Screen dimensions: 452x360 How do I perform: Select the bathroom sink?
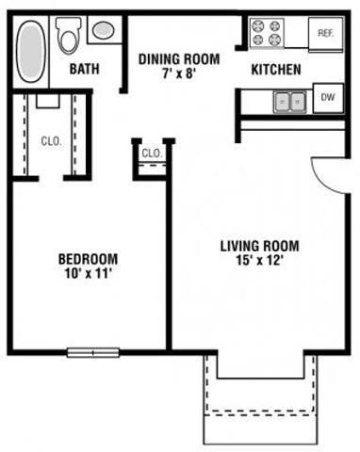pyautogui.click(x=103, y=30)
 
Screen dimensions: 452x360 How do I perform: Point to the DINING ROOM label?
pyautogui.click(x=179, y=59)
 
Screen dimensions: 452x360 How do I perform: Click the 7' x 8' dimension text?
pyautogui.click(x=179, y=74)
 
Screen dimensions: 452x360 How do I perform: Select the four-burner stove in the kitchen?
pyautogui.click(x=267, y=34)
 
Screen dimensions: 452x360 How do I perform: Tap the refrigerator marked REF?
pyautogui.click(x=326, y=33)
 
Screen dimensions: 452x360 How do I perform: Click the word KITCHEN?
pyautogui.click(x=275, y=70)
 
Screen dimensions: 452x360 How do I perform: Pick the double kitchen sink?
pyautogui.click(x=290, y=99)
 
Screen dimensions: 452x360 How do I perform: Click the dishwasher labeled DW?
pyautogui.click(x=327, y=97)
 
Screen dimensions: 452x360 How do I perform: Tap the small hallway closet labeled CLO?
pyautogui.click(x=151, y=153)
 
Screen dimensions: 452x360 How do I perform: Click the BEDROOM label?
pyautogui.click(x=88, y=259)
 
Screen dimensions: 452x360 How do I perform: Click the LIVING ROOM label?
pyautogui.click(x=259, y=247)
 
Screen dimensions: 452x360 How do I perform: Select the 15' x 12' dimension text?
pyautogui.click(x=259, y=262)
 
